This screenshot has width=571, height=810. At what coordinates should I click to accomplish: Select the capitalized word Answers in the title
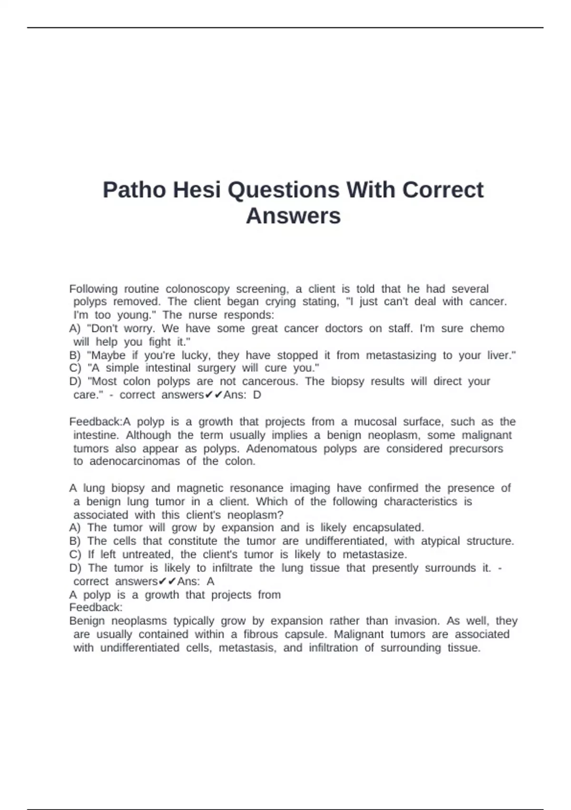click(293, 216)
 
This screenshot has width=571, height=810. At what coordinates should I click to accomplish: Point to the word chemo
click(487, 328)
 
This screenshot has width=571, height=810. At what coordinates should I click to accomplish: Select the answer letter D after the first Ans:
click(257, 395)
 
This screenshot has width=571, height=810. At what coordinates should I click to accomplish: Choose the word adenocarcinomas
click(135, 461)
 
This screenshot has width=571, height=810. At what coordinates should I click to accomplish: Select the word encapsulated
click(388, 527)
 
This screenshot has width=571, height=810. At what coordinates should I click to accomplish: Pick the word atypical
click(440, 541)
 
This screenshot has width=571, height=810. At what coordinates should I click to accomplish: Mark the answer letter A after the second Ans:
click(210, 581)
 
